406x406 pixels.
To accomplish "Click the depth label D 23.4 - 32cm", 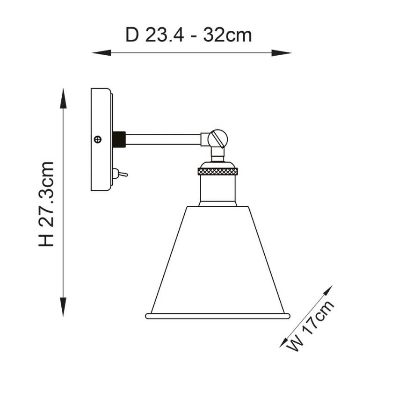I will tap(188, 35).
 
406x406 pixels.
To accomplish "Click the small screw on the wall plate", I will tap(98, 139).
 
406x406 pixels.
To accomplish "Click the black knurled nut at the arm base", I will tap(120, 139).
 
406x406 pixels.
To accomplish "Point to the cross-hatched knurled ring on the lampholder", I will tap(218, 172).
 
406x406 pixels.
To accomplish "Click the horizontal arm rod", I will tap(164, 139).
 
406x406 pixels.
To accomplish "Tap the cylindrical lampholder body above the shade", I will tap(218, 189).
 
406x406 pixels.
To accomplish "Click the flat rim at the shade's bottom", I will tap(217, 316).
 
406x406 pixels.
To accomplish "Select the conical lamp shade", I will tap(217, 262).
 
